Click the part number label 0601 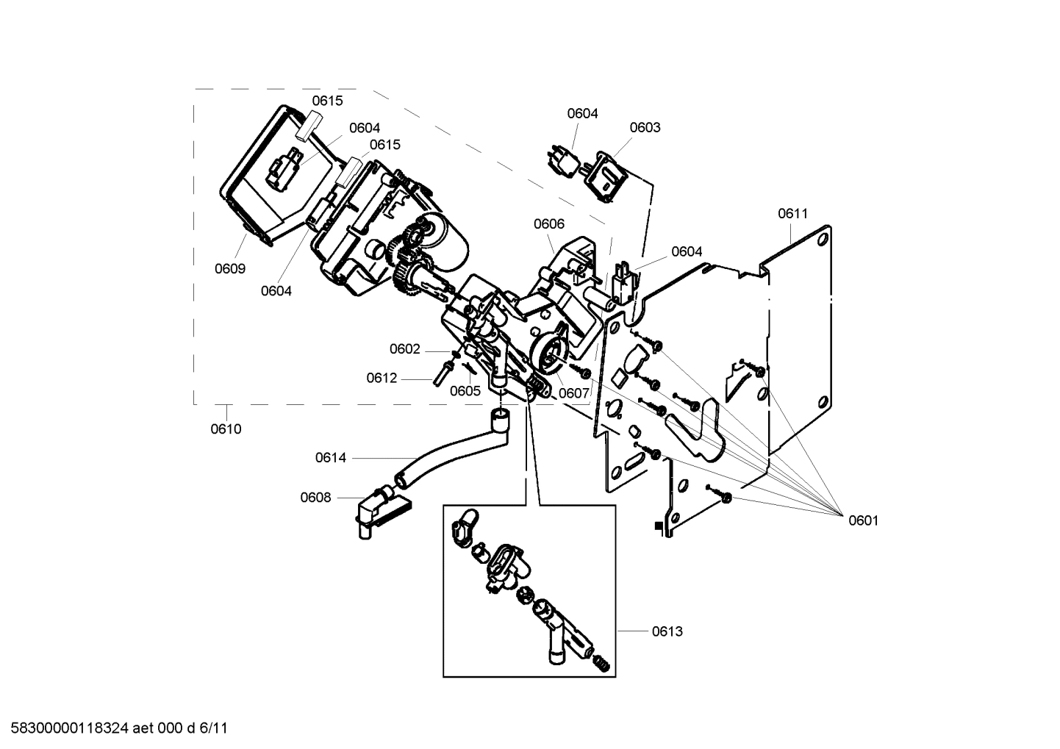coord(863,520)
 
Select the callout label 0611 coord(792,214)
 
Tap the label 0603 coord(645,127)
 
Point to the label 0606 coord(549,224)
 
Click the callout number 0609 coord(230,268)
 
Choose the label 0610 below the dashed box coord(226,429)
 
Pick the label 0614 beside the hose coord(331,458)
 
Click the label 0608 coord(315,498)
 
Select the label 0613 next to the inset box coord(667,631)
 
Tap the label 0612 coord(382,378)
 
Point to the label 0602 coord(405,349)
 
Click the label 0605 coord(465,391)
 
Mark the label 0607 coord(574,393)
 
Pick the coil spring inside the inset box coord(600,663)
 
